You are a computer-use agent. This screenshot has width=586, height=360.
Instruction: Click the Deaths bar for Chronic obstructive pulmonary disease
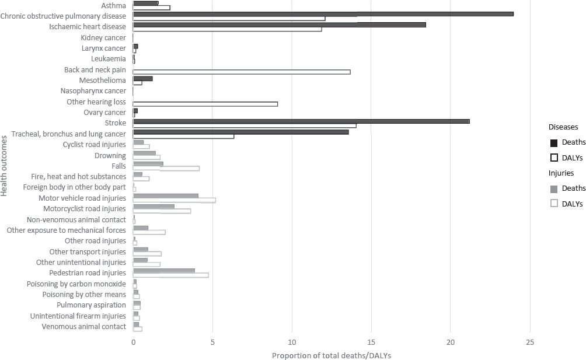point(323,13)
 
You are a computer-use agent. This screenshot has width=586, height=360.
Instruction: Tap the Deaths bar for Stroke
point(301,121)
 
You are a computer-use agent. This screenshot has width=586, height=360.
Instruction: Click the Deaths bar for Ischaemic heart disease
point(279,25)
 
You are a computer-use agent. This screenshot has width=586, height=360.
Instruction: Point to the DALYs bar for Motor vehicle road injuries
point(174,200)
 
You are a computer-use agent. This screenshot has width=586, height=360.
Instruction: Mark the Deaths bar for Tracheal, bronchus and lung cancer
point(240,132)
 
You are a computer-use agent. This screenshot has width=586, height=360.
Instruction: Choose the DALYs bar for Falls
point(166,168)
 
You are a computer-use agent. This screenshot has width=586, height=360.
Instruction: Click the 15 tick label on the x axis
point(371,342)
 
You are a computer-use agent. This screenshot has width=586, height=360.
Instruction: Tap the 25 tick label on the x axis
point(529,342)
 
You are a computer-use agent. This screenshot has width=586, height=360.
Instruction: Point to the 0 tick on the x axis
point(133,342)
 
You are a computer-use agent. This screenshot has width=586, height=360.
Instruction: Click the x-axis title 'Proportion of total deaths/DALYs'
point(332,355)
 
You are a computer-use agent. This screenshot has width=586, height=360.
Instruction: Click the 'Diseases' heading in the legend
point(563,126)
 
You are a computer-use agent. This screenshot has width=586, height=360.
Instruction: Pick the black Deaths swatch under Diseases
point(554,142)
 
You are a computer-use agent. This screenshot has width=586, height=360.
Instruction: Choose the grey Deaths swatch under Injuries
point(554,188)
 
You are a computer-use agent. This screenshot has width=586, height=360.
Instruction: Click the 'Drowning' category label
point(110,156)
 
